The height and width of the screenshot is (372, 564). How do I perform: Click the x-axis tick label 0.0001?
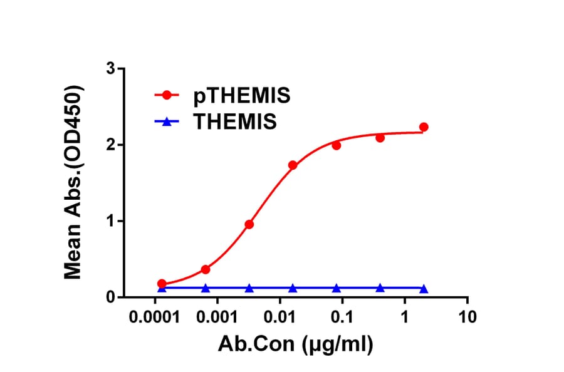click(154, 316)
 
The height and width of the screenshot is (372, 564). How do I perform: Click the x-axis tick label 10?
click(466, 316)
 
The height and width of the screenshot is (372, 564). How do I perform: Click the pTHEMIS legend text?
click(241, 96)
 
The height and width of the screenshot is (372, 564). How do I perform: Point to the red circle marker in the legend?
click(167, 96)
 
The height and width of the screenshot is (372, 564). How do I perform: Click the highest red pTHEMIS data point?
click(424, 127)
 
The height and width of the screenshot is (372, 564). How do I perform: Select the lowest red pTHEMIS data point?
click(162, 284)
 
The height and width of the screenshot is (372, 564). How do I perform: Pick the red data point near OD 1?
click(249, 224)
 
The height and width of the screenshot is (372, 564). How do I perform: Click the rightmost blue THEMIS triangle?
click(424, 289)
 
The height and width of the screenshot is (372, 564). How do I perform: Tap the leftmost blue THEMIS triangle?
click(162, 288)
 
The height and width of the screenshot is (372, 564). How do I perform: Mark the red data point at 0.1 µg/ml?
click(337, 145)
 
